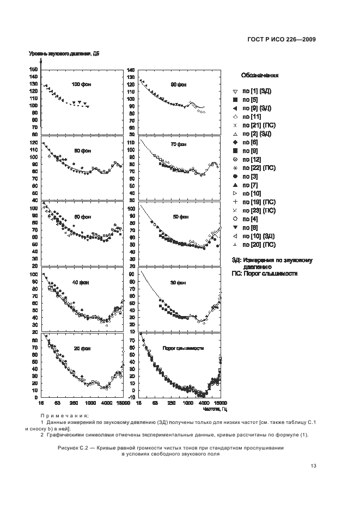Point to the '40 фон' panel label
[x=81, y=282]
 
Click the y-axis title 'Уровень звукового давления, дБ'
[x=64, y=53]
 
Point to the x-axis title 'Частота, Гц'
[x=212, y=409]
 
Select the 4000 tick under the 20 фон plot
[x=107, y=404]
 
